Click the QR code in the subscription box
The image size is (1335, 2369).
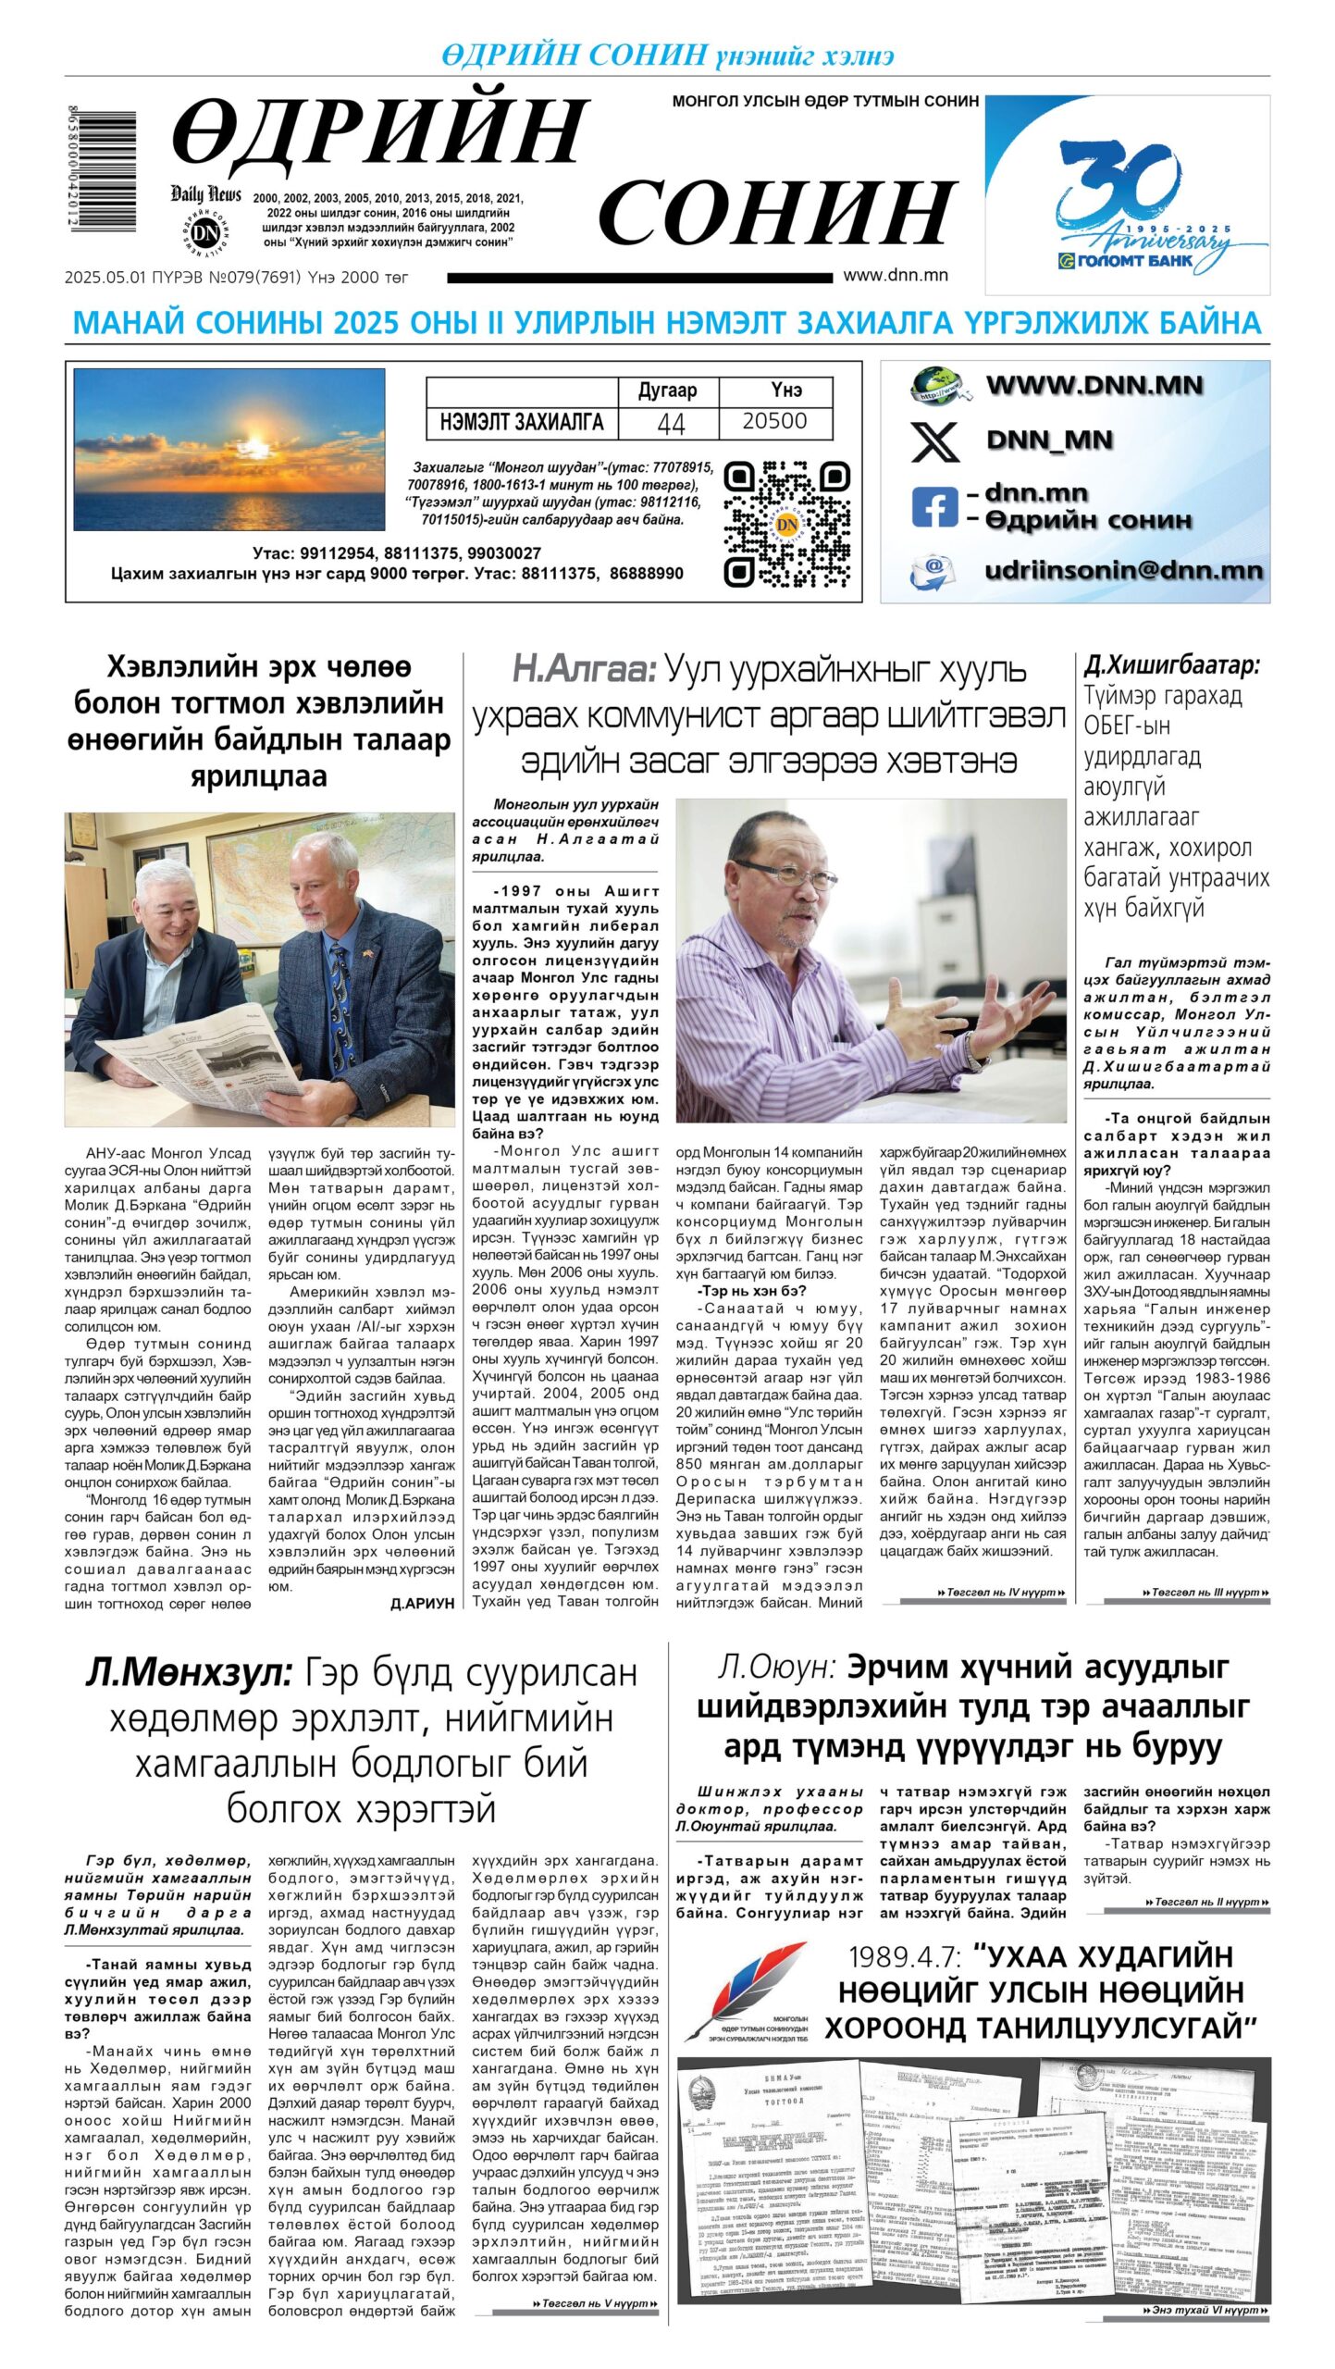click(x=786, y=525)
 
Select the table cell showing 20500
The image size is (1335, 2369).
click(x=774, y=422)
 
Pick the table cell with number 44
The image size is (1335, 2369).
click(x=670, y=423)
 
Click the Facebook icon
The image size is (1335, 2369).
click(x=934, y=507)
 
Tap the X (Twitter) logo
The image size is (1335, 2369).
click(x=935, y=440)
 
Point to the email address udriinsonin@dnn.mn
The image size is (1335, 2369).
click(x=1123, y=570)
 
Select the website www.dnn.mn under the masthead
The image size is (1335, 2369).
click(x=895, y=275)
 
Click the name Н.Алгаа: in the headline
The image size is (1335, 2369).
click(x=584, y=668)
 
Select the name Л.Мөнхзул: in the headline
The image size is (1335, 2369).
click(x=189, y=1673)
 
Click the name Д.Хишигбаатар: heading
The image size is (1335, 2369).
click(x=1171, y=664)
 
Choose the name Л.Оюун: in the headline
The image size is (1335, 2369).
click(x=776, y=1668)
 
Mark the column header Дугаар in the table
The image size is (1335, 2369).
click(x=667, y=391)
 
